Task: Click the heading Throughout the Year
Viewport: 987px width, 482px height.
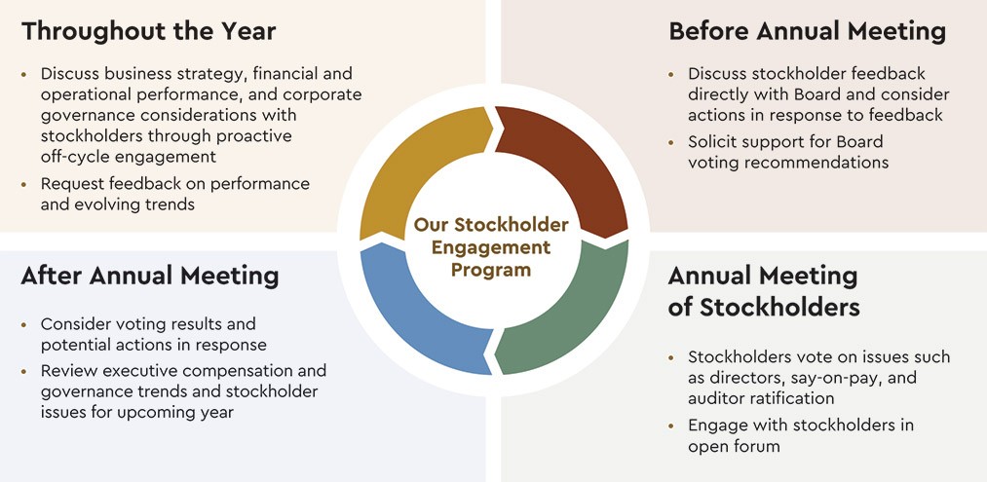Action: [x=148, y=31]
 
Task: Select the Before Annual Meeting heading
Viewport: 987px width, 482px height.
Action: [x=807, y=31]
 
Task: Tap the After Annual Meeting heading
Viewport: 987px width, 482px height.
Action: [x=150, y=277]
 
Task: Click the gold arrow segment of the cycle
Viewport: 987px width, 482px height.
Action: [x=415, y=164]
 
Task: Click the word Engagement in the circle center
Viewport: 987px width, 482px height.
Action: [x=491, y=247]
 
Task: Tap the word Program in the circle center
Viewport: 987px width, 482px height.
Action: [x=491, y=270]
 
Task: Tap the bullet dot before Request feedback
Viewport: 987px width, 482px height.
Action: [x=24, y=184]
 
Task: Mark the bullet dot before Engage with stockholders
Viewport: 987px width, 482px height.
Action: [x=671, y=426]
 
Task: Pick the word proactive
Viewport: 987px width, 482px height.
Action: [x=255, y=136]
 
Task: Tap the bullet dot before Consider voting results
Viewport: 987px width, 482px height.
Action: [x=24, y=325]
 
